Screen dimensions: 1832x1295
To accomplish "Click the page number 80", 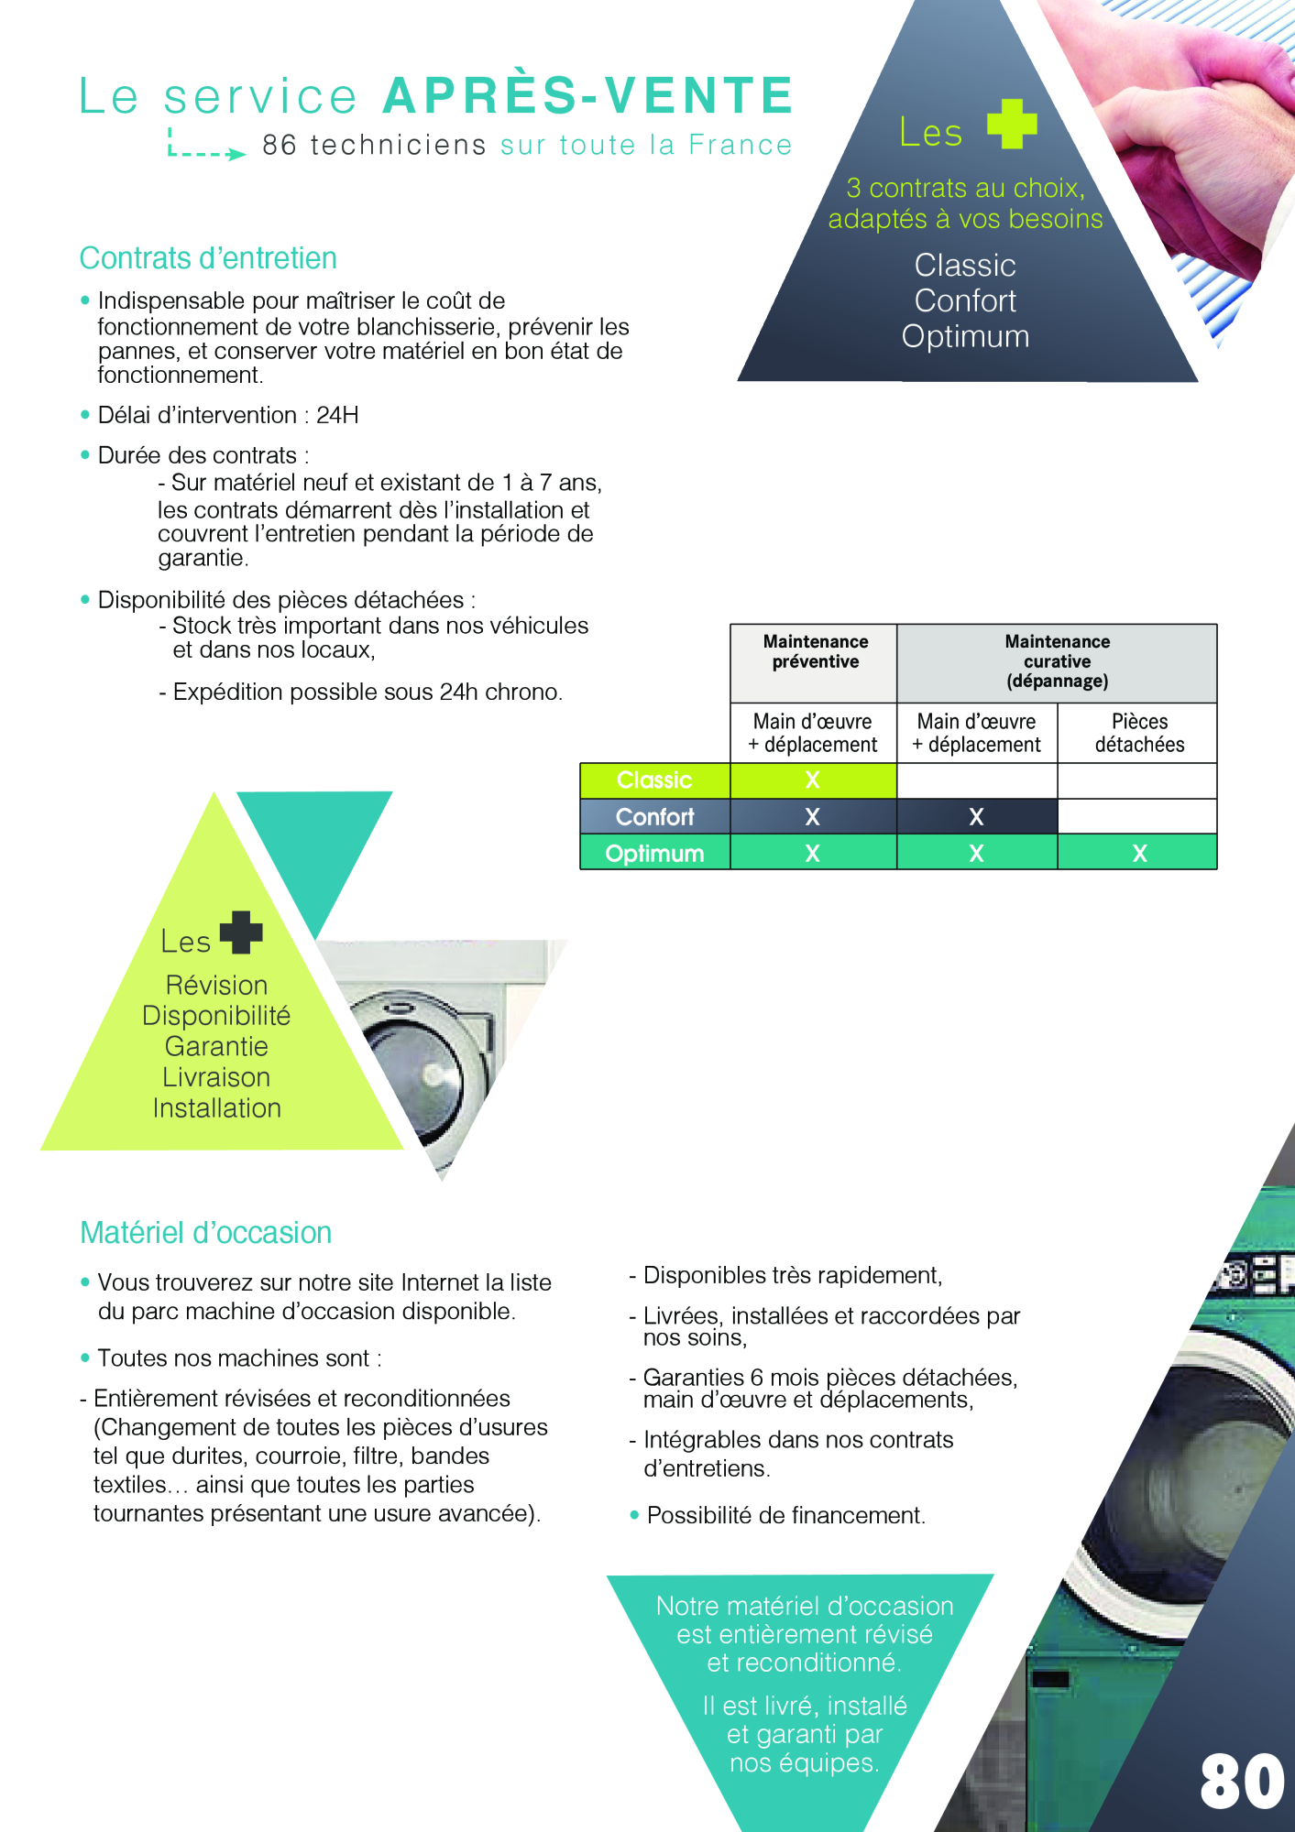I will tap(1242, 1782).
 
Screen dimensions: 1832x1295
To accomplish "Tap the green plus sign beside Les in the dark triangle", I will tap(1012, 124).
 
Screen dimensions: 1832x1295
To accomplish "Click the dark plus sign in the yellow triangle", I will tap(241, 932).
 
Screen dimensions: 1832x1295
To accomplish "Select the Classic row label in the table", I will tap(654, 780).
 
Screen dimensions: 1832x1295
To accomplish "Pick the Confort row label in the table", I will tap(654, 816).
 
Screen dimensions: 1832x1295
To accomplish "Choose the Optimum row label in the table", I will tap(654, 853).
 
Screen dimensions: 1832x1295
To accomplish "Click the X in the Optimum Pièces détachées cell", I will tap(1139, 853).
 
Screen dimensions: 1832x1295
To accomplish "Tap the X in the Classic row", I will tap(812, 780).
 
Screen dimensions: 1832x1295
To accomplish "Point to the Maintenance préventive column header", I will tap(815, 651).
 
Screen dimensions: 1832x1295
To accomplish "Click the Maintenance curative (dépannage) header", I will tap(1057, 661).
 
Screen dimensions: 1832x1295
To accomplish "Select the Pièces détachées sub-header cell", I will tap(1139, 733).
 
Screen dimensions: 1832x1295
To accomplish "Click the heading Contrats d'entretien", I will tap(208, 258).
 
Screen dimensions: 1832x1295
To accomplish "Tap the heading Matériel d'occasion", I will tap(205, 1233).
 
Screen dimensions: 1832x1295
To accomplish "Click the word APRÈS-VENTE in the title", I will tap(588, 96).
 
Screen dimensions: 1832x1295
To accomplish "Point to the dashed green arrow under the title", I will tap(207, 149).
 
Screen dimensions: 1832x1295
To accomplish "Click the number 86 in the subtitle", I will tap(280, 145).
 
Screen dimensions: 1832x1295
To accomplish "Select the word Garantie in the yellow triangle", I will tap(216, 1046).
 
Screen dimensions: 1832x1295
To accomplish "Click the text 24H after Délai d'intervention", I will tap(337, 415).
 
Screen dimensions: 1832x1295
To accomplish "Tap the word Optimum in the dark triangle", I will tap(965, 336).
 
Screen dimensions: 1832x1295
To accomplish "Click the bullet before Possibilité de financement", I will tap(634, 1516).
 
